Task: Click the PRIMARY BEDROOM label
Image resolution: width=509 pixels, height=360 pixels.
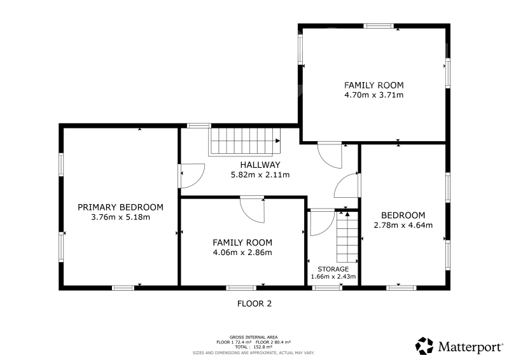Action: (120, 207)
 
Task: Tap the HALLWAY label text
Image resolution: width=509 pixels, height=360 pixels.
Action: (260, 165)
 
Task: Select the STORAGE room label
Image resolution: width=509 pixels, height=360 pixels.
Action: (333, 269)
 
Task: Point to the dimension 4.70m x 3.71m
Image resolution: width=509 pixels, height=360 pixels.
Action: (373, 95)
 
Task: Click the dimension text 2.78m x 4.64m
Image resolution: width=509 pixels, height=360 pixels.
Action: (403, 225)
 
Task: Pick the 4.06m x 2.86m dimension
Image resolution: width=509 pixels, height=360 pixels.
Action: (242, 253)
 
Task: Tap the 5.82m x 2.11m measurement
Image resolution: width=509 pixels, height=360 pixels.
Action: (260, 175)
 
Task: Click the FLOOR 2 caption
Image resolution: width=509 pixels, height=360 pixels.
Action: (254, 304)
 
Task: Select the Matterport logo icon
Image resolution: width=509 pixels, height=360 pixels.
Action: (424, 346)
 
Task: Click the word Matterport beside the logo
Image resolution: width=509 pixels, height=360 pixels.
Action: (470, 347)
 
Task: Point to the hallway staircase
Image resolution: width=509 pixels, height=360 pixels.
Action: (244, 141)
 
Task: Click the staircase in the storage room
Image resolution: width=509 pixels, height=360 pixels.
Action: (347, 237)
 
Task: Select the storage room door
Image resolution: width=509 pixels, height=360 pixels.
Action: (322, 223)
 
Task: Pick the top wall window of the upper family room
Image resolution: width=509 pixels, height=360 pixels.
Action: (379, 26)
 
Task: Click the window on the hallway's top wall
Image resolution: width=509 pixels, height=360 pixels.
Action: (199, 126)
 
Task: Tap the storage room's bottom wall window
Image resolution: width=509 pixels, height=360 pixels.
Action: (327, 287)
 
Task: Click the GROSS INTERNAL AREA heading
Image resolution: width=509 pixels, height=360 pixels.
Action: (253, 337)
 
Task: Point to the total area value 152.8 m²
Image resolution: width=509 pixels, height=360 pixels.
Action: (263, 347)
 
